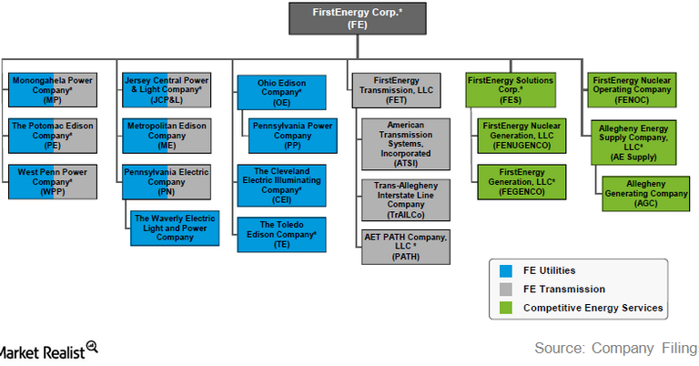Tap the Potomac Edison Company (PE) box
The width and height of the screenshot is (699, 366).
pos(52,134)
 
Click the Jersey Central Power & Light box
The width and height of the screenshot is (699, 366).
pos(166,90)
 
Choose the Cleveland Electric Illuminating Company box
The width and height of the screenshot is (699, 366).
pos(280,183)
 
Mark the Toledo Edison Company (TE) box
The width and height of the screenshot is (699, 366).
pos(280,234)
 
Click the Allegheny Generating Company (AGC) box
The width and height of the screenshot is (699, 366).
pos(635,192)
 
